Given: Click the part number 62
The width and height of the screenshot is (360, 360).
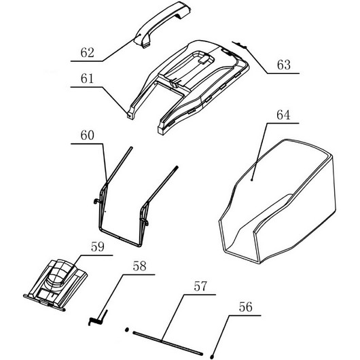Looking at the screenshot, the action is tap(87, 52).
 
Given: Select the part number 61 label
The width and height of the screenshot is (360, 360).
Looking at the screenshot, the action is tap(87, 79).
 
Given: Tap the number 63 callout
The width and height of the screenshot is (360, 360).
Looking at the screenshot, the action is tap(284, 65).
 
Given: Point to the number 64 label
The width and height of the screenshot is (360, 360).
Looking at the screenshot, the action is tap(283, 115).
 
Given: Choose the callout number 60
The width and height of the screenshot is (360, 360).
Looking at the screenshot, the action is tap(87, 135).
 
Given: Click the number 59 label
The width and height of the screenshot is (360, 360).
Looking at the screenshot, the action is tap(98, 247).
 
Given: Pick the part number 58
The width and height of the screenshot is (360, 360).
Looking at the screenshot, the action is tap(139, 266).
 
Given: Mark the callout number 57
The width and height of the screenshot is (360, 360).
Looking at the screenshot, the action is tap(200, 286).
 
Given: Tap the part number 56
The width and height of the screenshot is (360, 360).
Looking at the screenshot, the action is tap(245, 307).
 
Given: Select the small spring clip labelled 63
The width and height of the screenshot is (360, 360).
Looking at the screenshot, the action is tap(240, 45).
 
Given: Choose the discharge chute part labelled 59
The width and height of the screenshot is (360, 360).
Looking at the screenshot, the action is tap(56, 285).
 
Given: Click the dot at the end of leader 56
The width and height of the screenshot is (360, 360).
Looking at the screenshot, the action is tap(212, 357).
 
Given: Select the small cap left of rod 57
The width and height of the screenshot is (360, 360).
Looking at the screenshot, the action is tap(126, 329).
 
